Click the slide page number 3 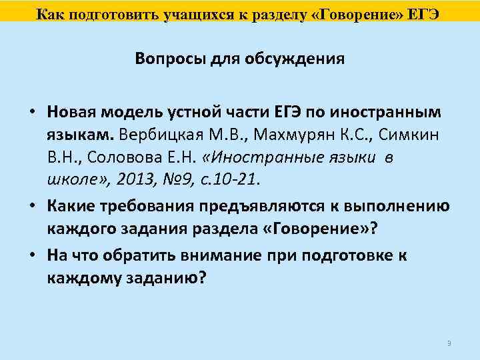point(449,343)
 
